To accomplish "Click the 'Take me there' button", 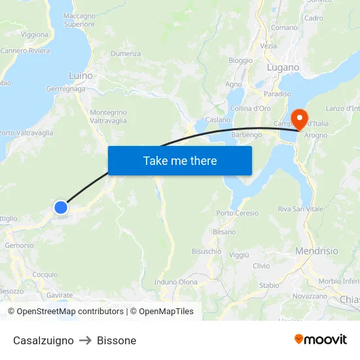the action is [x=180, y=160].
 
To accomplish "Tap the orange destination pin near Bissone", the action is [x=300, y=118].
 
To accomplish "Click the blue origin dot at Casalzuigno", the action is [x=60, y=207].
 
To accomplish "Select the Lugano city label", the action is [x=283, y=67].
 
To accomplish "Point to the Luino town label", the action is [x=81, y=76].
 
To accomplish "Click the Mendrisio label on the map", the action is [x=317, y=251].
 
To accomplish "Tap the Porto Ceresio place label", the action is [x=237, y=213].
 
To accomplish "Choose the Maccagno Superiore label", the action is [x=79, y=20].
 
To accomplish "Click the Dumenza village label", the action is [x=126, y=54].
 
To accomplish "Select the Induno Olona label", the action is [x=175, y=282].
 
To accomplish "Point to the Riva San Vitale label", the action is [x=300, y=209].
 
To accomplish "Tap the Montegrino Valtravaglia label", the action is [x=108, y=117].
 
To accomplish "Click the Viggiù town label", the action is [x=239, y=255].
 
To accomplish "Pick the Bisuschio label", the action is [x=206, y=251].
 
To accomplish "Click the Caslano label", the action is [x=218, y=120].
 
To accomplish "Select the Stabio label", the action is [x=269, y=285].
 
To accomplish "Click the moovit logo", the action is [x=320, y=340].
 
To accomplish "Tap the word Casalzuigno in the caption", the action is [x=43, y=340].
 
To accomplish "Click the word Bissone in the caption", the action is [x=117, y=340].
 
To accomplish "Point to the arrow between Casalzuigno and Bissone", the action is [x=85, y=340].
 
